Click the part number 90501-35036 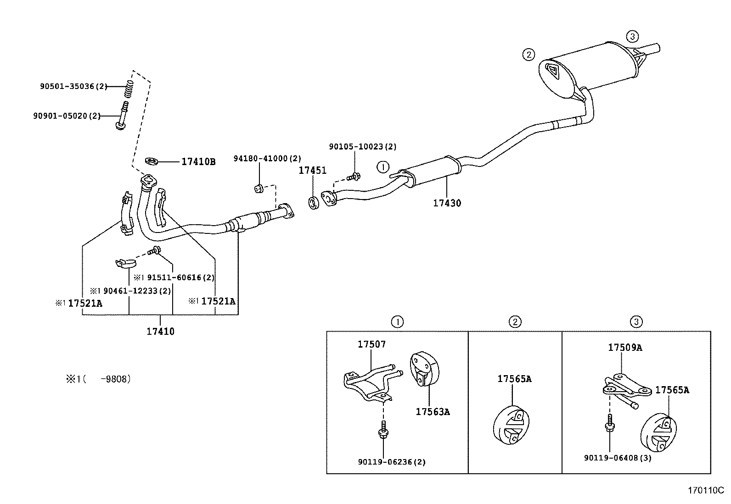coord(67,86)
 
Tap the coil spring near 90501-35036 coord(130,88)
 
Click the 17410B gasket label coord(198,162)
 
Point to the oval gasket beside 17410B coord(152,161)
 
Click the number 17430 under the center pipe coord(447,203)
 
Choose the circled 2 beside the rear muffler coord(529,55)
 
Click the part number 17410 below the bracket coord(160,331)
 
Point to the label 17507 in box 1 coord(372,344)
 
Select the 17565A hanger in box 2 coord(512,424)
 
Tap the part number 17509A coord(625,348)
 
